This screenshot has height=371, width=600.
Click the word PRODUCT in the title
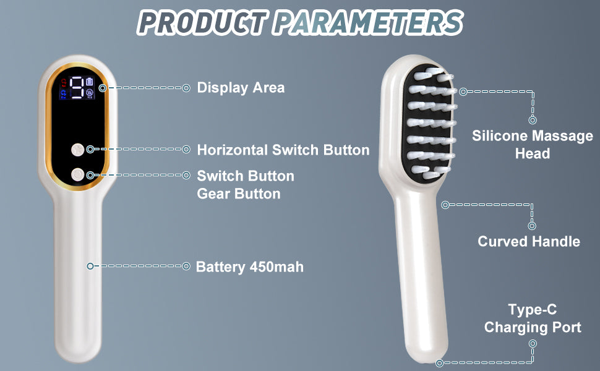tap(202, 22)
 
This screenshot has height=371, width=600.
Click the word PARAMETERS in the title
tap(369, 22)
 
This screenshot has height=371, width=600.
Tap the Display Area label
tap(241, 88)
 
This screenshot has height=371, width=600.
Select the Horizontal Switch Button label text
tap(283, 150)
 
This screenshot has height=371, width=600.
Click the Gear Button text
tap(238, 194)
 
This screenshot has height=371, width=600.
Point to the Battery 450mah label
tap(249, 267)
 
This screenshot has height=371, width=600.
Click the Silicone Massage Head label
tap(532, 144)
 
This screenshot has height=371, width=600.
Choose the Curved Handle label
tap(529, 241)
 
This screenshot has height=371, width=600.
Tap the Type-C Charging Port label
tap(532, 318)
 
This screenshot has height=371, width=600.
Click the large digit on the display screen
tap(77, 88)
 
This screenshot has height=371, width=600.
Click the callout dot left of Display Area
tap(186, 88)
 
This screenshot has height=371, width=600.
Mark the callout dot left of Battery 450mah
tap(186, 266)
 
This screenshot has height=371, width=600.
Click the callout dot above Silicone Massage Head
tap(532, 121)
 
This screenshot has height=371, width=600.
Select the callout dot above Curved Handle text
tap(532, 226)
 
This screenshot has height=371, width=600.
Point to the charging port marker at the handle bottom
tap(440, 363)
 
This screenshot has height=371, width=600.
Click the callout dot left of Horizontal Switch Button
tap(186, 149)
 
